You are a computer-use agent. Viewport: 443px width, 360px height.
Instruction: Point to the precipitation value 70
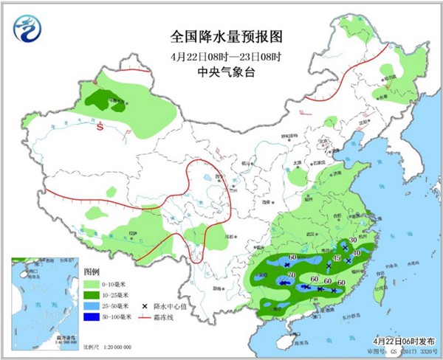point(292,275)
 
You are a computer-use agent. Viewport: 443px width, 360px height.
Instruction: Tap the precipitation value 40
point(357,253)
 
